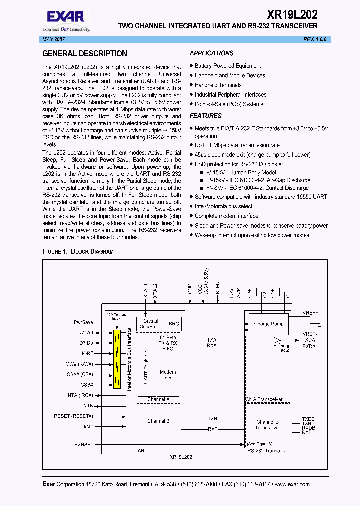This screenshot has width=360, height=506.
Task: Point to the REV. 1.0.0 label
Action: tap(314, 39)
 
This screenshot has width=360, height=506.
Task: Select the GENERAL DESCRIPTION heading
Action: tap(85, 54)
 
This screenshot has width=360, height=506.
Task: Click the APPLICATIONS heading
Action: tap(211, 53)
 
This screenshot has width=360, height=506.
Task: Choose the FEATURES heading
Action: tap(205, 116)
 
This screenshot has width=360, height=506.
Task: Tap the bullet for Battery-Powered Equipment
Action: tap(191, 66)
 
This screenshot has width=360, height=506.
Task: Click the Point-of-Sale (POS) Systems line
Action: tap(229, 104)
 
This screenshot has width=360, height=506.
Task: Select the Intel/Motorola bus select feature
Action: tap(223, 206)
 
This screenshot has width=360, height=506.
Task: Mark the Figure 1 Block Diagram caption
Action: tap(78, 251)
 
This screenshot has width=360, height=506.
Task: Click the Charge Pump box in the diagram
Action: tap(268, 324)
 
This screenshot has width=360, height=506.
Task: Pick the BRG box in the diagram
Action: tap(174, 324)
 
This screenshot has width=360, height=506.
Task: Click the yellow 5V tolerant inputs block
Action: tap(117, 359)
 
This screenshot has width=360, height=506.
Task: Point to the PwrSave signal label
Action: tap(83, 322)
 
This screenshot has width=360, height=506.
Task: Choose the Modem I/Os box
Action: tap(168, 375)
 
